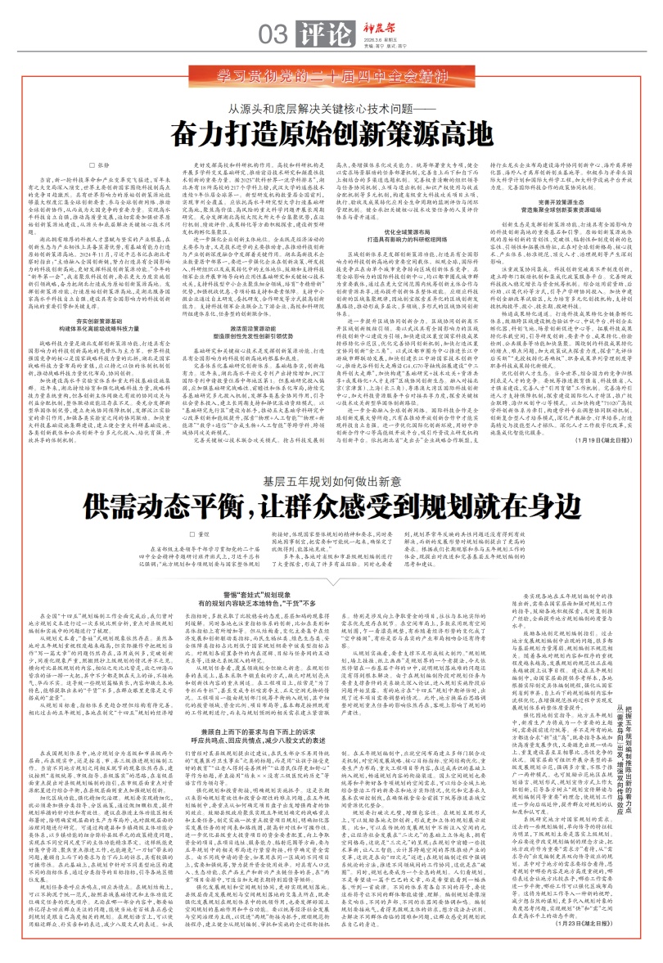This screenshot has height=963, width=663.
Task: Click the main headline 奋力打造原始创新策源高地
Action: tap(331, 133)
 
